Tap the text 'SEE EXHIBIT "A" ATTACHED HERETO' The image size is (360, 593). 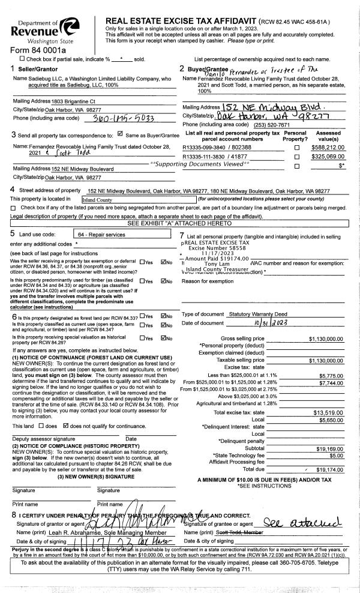179,223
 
